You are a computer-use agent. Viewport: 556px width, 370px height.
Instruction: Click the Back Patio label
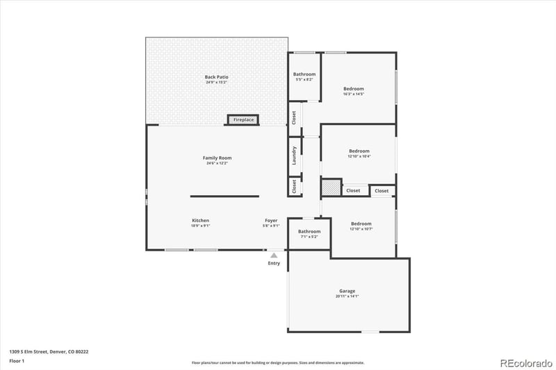tap(216, 77)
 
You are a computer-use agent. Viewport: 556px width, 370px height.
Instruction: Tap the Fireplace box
tap(243, 120)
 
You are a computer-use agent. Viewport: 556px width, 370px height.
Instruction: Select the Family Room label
tap(216, 158)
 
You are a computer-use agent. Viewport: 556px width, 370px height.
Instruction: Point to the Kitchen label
tap(201, 220)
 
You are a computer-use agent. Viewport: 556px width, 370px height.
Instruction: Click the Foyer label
tap(270, 220)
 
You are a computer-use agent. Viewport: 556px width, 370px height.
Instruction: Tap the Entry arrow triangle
tap(274, 255)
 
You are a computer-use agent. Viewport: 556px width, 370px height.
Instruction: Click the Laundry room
tap(295, 156)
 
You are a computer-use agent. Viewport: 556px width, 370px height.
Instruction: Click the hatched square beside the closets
tap(331, 187)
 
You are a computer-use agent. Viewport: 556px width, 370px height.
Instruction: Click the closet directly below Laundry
tap(295, 186)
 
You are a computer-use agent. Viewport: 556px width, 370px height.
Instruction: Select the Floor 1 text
tap(17, 362)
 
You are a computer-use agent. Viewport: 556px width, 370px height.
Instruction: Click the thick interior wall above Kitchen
tap(224, 196)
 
